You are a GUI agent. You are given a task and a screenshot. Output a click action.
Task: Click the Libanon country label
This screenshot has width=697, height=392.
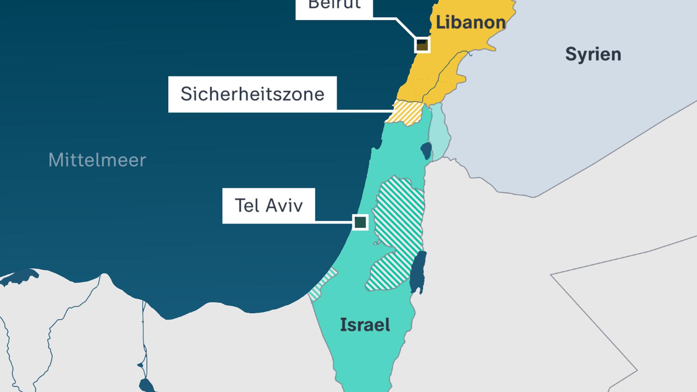[x=470, y=23]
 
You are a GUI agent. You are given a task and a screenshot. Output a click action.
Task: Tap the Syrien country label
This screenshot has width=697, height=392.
[x=593, y=54]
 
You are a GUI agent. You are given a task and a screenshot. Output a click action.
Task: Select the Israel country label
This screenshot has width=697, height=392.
[x=365, y=324]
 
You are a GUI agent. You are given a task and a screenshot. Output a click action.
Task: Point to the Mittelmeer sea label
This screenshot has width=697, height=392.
[x=97, y=160]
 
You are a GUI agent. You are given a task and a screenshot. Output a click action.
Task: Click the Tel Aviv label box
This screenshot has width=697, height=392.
[x=269, y=205]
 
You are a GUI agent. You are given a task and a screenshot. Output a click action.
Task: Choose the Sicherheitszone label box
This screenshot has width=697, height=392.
[x=252, y=94]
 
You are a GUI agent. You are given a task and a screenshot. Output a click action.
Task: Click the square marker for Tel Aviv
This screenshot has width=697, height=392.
[x=360, y=222]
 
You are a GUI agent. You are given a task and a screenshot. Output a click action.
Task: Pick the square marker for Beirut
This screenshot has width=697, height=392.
[x=422, y=45]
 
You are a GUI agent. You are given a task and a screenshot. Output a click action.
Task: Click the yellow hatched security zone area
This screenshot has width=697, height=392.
[x=407, y=113]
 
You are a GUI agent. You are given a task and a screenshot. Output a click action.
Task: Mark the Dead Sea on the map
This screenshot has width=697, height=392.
[x=418, y=272]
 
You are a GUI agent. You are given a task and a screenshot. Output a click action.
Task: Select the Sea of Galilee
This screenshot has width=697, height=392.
[x=426, y=150]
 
